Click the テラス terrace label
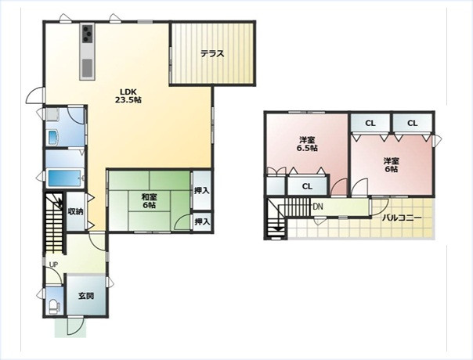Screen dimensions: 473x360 pyautogui.click(x=212, y=54)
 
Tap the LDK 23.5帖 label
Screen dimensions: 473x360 pyautogui.click(x=128, y=95)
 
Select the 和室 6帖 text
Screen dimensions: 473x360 pyautogui.click(x=150, y=201)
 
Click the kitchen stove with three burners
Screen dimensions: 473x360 pyautogui.click(x=88, y=34)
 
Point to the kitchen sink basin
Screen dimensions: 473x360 pyautogui.click(x=88, y=67)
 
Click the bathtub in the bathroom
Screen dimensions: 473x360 pyautogui.click(x=65, y=179)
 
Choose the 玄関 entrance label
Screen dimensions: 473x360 pyautogui.click(x=86, y=296)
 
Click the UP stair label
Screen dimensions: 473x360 pyautogui.click(x=53, y=265)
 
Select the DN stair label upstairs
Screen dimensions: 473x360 pyautogui.click(x=318, y=207)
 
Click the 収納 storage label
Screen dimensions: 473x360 pyautogui.click(x=75, y=211)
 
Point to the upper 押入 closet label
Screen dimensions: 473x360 pyautogui.click(x=202, y=191)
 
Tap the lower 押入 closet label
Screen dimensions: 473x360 pyautogui.click(x=202, y=222)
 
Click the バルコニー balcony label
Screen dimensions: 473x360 pyautogui.click(x=402, y=218)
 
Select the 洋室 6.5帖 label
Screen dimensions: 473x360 pyautogui.click(x=308, y=144)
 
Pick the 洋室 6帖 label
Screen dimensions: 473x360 pyautogui.click(x=392, y=165)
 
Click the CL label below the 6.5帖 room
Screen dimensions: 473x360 pyautogui.click(x=307, y=186)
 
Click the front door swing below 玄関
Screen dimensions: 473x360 pyautogui.click(x=75, y=326)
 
